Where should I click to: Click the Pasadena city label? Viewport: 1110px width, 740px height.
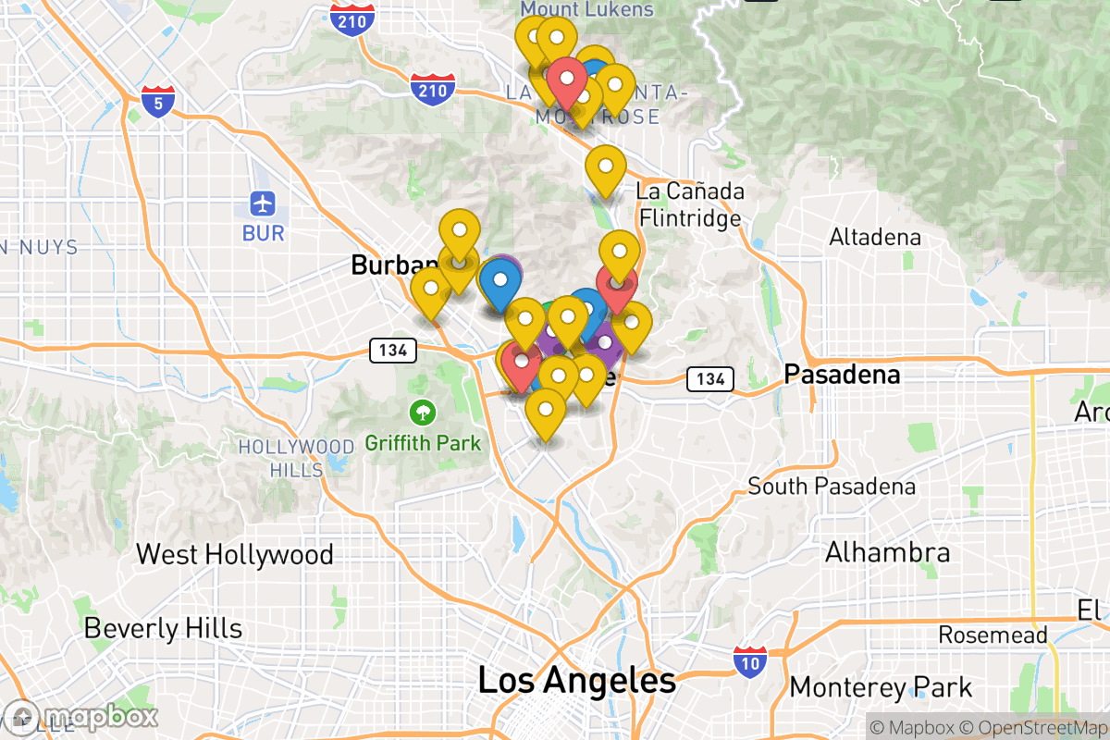(841, 375)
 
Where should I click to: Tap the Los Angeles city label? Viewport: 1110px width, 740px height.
(576, 682)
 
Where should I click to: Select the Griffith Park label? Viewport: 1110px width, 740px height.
(423, 443)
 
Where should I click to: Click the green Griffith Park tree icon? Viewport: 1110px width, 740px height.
(423, 410)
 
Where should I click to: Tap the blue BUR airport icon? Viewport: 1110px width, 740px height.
(264, 203)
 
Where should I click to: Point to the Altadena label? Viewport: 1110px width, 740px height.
(875, 238)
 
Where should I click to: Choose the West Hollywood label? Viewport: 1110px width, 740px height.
(234, 554)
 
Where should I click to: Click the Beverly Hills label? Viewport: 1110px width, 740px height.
(163, 629)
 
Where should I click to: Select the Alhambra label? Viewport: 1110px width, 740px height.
(887, 553)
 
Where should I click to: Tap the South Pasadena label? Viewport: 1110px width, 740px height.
(832, 487)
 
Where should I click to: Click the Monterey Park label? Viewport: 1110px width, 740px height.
(881, 687)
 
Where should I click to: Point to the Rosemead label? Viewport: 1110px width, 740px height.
(993, 635)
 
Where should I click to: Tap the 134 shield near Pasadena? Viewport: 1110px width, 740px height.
(709, 378)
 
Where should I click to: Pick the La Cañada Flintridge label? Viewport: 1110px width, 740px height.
(689, 204)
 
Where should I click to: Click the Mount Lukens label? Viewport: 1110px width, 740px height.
(586, 9)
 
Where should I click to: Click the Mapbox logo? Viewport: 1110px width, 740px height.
(81, 717)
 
